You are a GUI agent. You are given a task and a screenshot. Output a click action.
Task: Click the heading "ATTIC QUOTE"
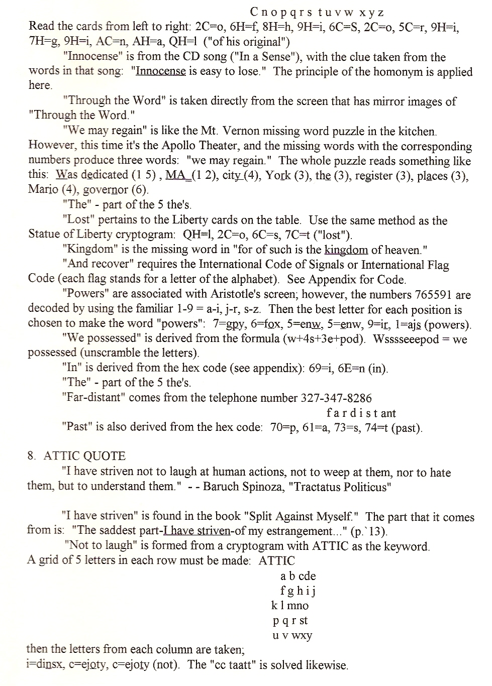pyautogui.click(x=84, y=456)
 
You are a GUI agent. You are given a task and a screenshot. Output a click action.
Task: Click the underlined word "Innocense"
pyautogui.click(x=161, y=71)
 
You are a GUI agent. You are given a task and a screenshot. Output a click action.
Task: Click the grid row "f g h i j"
pyautogui.click(x=298, y=591)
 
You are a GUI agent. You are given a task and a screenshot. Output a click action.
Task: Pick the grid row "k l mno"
pyautogui.click(x=290, y=606)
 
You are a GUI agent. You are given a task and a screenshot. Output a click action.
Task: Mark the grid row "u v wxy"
pyautogui.click(x=292, y=635)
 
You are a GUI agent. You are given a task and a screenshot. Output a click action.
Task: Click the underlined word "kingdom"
pyautogui.click(x=346, y=250)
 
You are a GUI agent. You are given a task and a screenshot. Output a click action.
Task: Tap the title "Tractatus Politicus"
pyautogui.click(x=339, y=487)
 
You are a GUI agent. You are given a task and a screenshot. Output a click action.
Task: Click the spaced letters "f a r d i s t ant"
pyautogui.click(x=361, y=413)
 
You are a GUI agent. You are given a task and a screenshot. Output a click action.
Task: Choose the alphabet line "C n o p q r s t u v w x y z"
pyautogui.click(x=317, y=12)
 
